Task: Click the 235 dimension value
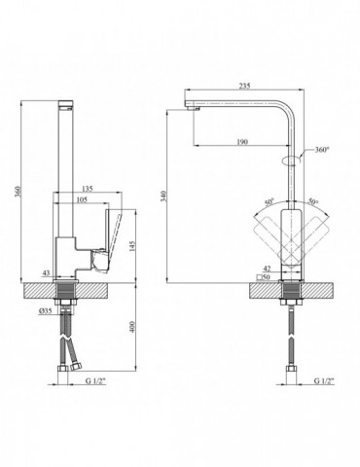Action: point(244,86)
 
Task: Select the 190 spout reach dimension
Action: point(242,142)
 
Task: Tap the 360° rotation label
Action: point(322,150)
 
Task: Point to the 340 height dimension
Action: point(163,197)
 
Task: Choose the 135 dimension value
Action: point(87,188)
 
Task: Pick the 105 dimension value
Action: point(82,199)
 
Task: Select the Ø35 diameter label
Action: point(46,310)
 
